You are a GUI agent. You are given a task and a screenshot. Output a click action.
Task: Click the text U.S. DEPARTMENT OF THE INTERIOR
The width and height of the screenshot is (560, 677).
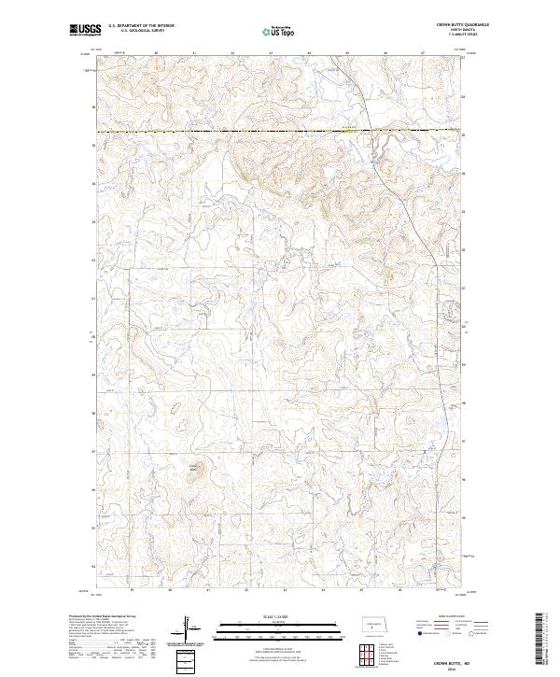(141, 25)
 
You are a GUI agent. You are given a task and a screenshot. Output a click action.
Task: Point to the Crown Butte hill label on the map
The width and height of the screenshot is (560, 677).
(194, 467)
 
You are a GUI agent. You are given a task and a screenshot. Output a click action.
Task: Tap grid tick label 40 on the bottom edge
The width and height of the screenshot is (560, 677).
(170, 590)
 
